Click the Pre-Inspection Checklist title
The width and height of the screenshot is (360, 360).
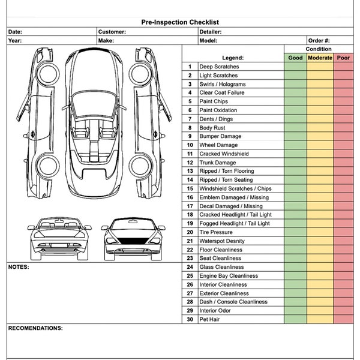click(x=179, y=22)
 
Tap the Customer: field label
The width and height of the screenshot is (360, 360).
click(x=112, y=32)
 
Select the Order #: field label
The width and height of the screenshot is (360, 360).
click(x=319, y=41)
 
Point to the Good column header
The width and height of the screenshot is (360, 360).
click(x=295, y=58)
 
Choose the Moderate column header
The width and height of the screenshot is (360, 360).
click(x=320, y=58)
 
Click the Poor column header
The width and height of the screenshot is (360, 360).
click(x=343, y=58)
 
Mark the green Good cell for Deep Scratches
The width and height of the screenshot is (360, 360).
click(x=295, y=67)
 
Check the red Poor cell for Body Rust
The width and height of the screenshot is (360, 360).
click(x=343, y=128)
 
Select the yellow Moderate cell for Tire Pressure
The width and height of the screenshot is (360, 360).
click(x=320, y=232)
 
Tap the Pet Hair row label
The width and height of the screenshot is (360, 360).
click(x=210, y=319)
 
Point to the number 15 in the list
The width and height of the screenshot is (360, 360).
click(x=190, y=188)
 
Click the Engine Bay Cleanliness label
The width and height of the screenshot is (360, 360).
click(x=229, y=276)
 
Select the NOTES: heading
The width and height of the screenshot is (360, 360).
click(x=19, y=267)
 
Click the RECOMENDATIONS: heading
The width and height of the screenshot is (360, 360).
click(x=35, y=329)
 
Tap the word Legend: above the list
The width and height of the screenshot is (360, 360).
click(x=233, y=58)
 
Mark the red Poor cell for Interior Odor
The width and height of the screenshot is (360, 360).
click(x=343, y=311)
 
